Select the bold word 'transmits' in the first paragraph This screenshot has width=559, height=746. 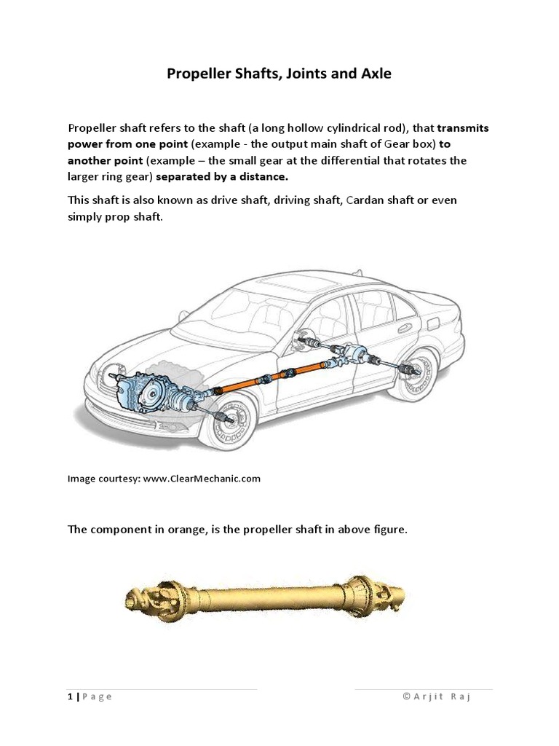tap(463, 127)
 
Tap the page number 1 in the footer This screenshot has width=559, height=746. tap(71, 696)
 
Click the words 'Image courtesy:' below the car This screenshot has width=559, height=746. tap(104, 479)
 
